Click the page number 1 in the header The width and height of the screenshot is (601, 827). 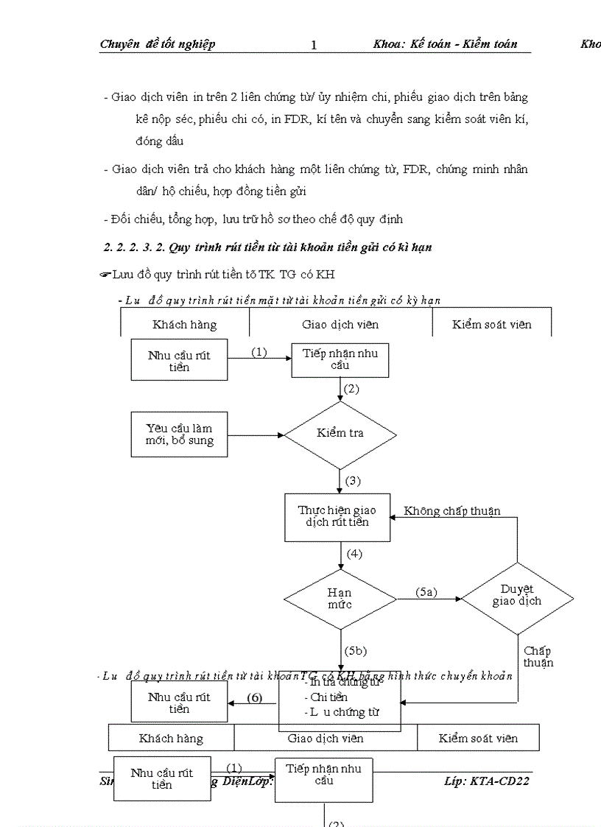pyautogui.click(x=314, y=45)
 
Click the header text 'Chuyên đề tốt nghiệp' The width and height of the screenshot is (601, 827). pyautogui.click(x=158, y=44)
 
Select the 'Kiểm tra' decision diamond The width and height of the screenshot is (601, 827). pyautogui.click(x=340, y=434)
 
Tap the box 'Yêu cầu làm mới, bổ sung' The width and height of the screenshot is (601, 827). pyautogui.click(x=180, y=434)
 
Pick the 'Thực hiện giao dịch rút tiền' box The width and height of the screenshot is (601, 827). pyautogui.click(x=337, y=515)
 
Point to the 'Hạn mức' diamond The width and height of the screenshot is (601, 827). pyautogui.click(x=340, y=599)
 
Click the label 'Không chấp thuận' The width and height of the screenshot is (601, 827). pyautogui.click(x=452, y=511)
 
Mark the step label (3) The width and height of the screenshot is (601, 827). pyautogui.click(x=353, y=481)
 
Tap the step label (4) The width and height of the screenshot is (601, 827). pyautogui.click(x=354, y=554)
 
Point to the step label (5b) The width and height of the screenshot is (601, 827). pyautogui.click(x=355, y=651)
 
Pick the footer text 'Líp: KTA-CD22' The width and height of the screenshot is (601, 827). pyautogui.click(x=487, y=781)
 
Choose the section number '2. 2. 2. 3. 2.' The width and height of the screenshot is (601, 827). pyautogui.click(x=134, y=247)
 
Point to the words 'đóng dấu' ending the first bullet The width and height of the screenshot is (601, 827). pyautogui.click(x=159, y=141)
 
